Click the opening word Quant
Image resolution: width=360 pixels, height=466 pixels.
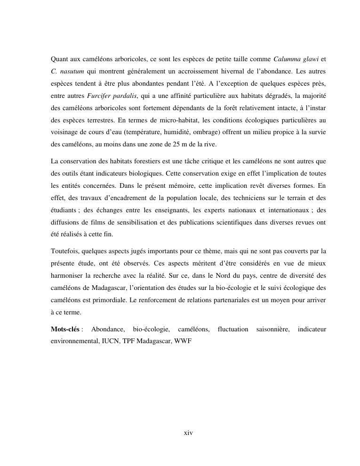pyautogui.click(x=60, y=59)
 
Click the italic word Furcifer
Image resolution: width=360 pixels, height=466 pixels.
pyautogui.click(x=100, y=96)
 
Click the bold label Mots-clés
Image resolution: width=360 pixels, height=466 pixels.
pyautogui.click(x=65, y=329)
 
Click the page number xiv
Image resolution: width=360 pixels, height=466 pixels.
pyautogui.click(x=188, y=433)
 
